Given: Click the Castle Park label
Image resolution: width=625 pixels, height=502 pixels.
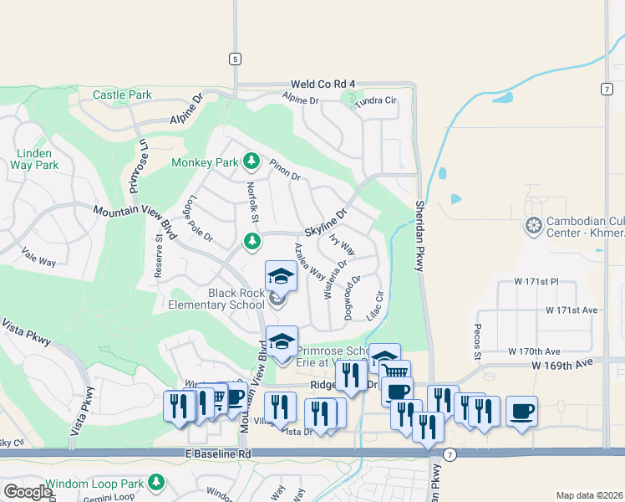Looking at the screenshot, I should [122, 95].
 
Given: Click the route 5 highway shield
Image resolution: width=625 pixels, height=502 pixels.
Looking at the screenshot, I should [236, 59].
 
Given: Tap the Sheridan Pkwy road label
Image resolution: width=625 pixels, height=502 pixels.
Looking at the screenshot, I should [420, 234].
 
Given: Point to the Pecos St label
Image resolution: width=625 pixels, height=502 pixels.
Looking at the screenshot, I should [479, 342].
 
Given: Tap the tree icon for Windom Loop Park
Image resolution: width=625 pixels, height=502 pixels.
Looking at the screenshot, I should [156, 483].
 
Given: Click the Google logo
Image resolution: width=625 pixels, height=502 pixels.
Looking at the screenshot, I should [28, 492].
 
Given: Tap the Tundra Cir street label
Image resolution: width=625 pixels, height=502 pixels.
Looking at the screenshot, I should [375, 100].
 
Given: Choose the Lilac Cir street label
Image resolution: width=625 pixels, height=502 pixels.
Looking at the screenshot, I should [376, 305].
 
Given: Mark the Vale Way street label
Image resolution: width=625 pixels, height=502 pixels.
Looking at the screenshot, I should [38, 261].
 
